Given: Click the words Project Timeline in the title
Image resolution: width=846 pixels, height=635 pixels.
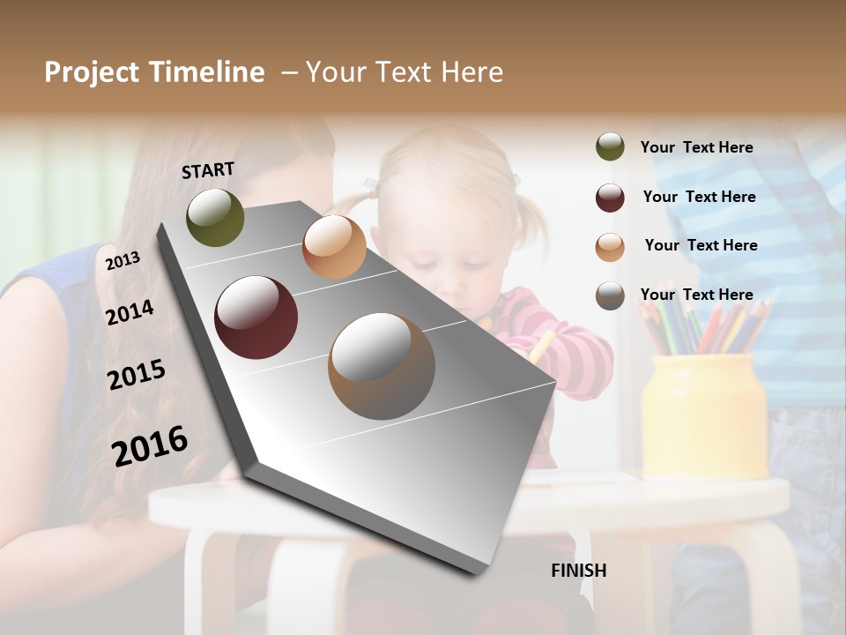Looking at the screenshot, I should [154, 72].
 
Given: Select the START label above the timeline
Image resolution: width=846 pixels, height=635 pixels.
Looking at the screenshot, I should [208, 170].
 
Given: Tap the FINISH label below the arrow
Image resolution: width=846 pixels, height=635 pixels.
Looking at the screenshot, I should [579, 571].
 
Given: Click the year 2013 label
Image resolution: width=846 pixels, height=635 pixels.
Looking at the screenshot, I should [122, 260].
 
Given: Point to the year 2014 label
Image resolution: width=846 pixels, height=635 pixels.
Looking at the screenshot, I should [130, 312].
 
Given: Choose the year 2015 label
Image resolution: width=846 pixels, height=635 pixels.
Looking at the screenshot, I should [137, 375].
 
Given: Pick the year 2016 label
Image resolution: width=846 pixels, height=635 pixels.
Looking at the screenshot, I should [150, 445].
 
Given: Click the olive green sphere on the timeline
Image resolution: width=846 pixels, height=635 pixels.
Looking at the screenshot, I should [215, 218].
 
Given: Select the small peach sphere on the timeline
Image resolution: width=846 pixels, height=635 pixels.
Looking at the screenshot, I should [334, 247].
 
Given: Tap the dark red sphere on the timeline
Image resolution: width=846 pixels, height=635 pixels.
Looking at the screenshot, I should [256, 317].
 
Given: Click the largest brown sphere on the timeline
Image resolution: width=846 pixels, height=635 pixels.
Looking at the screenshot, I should [382, 366].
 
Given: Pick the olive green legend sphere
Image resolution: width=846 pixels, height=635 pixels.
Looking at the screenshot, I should [610, 147].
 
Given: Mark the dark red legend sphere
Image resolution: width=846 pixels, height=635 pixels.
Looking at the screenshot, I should [610, 198].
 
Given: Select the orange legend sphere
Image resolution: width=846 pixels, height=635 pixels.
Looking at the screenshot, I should [610, 247].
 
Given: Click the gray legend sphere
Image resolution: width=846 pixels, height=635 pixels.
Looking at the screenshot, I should [610, 295].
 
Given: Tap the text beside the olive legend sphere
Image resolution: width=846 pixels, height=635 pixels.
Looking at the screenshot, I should [696, 147].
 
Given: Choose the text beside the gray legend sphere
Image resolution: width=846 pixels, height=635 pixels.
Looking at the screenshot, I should [696, 295].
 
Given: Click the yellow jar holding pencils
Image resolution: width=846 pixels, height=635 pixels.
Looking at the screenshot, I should [704, 415].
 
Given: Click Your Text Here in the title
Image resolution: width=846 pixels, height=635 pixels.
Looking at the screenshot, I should [404, 72].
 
